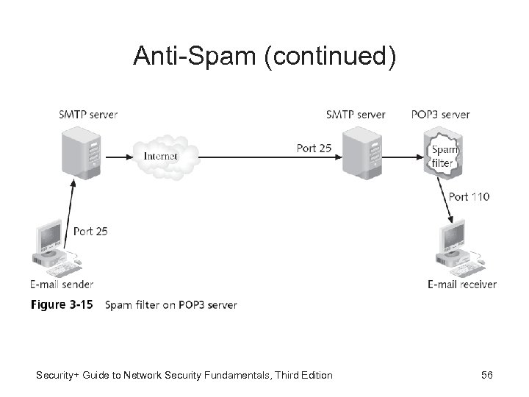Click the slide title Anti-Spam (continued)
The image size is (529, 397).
point(264,57)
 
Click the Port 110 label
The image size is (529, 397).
point(468,196)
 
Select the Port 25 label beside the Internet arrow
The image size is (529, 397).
point(314,148)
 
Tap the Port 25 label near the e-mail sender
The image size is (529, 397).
point(90,231)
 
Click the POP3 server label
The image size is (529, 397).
point(441,114)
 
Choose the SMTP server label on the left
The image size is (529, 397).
point(88,114)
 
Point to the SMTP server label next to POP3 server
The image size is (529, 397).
point(356,114)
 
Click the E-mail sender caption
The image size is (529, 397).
point(62,284)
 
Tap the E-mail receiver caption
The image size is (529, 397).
point(462,284)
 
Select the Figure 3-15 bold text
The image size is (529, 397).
point(62,304)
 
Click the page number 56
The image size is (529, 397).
point(486,376)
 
